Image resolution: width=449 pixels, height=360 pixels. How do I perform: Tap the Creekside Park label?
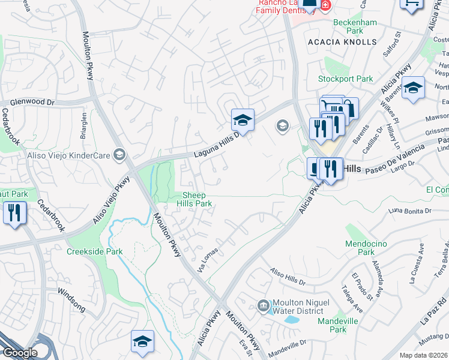(x=94, y=251)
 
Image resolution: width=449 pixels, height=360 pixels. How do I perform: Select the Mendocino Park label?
(x=360, y=248)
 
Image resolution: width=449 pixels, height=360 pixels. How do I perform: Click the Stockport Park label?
(x=346, y=79)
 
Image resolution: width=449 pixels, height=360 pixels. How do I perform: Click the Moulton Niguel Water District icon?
(x=263, y=306)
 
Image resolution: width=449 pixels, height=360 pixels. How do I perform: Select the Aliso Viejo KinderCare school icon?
(x=119, y=155)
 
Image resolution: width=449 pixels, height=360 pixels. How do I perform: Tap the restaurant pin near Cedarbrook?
(x=14, y=212)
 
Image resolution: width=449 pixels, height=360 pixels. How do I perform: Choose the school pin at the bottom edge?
(x=142, y=343)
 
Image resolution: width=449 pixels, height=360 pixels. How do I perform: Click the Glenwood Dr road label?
(x=28, y=102)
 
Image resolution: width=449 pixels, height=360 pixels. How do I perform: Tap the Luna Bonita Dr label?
(x=410, y=211)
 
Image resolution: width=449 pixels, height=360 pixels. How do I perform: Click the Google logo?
(x=19, y=353)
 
